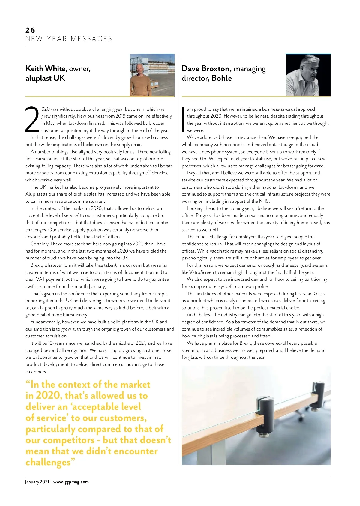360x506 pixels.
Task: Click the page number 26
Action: (30, 30)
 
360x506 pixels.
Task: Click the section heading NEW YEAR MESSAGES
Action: (69, 39)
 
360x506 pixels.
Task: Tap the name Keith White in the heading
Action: (46, 69)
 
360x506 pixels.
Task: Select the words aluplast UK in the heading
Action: (45, 78)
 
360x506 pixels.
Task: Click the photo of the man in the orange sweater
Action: (152, 75)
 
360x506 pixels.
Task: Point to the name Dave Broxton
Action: (206, 69)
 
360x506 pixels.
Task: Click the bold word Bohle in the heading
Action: (222, 78)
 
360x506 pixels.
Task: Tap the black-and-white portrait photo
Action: (308, 75)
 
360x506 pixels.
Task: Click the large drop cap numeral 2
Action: (32, 119)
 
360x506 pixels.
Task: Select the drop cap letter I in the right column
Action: (183, 119)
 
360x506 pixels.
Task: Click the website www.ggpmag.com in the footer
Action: (71, 482)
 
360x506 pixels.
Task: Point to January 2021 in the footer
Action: (37, 482)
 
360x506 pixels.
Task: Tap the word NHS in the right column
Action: (264, 201)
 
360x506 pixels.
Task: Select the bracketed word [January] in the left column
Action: (98, 286)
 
